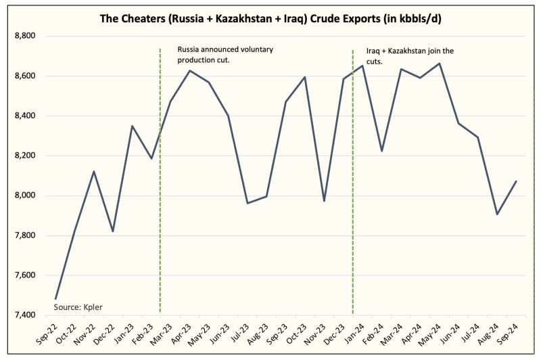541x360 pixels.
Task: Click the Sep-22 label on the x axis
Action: (x=47, y=334)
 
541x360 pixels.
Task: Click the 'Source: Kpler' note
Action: (x=78, y=307)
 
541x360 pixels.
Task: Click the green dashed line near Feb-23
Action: (x=160, y=203)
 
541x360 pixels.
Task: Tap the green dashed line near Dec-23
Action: (x=353, y=203)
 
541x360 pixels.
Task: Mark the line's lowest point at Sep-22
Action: (x=55, y=298)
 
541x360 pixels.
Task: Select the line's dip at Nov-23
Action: (x=324, y=201)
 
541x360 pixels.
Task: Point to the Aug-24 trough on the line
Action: (x=497, y=215)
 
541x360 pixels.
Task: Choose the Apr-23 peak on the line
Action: (x=189, y=70)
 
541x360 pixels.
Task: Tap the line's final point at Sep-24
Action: (x=517, y=181)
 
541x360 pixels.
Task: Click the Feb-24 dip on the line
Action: (x=382, y=151)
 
